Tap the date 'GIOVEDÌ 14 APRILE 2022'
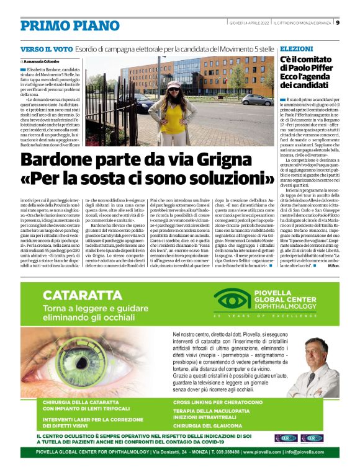(x=247, y=23)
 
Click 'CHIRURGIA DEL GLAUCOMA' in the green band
(x=207, y=427)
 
